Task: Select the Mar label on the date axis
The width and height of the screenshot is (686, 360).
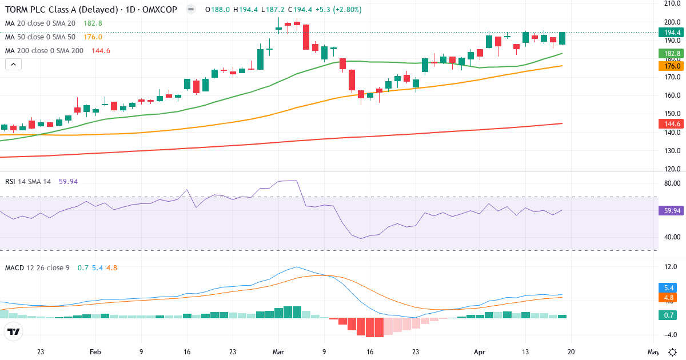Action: (278, 352)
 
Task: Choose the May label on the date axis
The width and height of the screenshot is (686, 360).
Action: (653, 352)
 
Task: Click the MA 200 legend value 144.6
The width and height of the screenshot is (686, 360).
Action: (101, 50)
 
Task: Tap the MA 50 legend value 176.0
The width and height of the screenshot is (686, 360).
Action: (93, 37)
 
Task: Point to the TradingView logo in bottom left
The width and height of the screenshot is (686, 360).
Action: (14, 331)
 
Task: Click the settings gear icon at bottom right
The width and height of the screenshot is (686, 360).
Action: (673, 352)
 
